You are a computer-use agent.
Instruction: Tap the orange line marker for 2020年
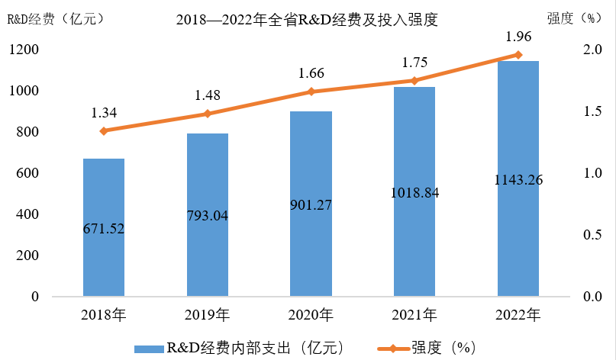(x=311, y=92)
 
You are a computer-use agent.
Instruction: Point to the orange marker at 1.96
(x=518, y=55)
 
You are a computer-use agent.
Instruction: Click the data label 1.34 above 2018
(x=104, y=113)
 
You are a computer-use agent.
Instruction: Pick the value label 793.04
(x=208, y=214)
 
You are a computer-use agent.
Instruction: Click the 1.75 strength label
(x=414, y=63)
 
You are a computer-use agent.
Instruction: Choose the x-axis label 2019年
(x=208, y=313)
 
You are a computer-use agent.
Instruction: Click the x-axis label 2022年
(x=518, y=313)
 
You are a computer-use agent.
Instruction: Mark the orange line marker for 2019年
(x=208, y=114)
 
